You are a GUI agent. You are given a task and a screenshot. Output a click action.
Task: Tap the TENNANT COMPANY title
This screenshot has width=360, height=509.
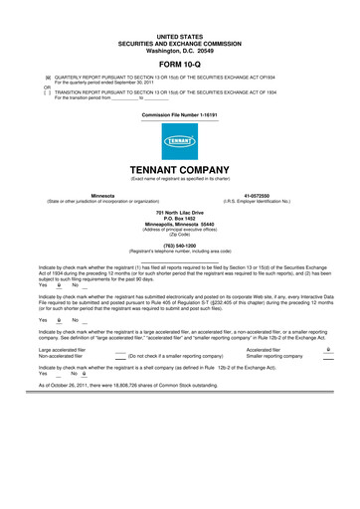(x=179, y=170)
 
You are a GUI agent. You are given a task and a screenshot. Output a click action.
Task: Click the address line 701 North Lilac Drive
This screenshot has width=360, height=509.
(x=179, y=214)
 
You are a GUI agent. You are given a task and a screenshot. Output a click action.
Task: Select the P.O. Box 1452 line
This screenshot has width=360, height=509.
(x=179, y=220)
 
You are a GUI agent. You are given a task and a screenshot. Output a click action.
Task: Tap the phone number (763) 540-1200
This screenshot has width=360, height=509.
(x=179, y=245)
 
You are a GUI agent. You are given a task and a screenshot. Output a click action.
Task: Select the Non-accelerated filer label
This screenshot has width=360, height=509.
(x=61, y=356)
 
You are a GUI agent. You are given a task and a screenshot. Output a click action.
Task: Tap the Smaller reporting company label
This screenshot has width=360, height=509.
(x=275, y=356)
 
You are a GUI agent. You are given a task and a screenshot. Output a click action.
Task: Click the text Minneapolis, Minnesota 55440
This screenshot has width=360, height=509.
(x=179, y=225)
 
